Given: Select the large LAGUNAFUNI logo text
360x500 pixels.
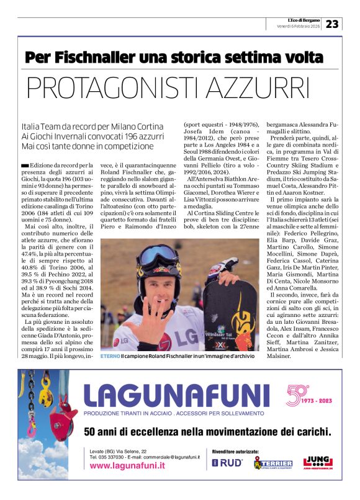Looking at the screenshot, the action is (174, 395).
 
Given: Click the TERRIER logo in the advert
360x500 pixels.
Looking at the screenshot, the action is (272, 463).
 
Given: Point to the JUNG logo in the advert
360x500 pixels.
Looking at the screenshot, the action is (316, 462).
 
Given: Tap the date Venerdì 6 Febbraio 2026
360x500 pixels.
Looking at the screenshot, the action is (298, 27).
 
